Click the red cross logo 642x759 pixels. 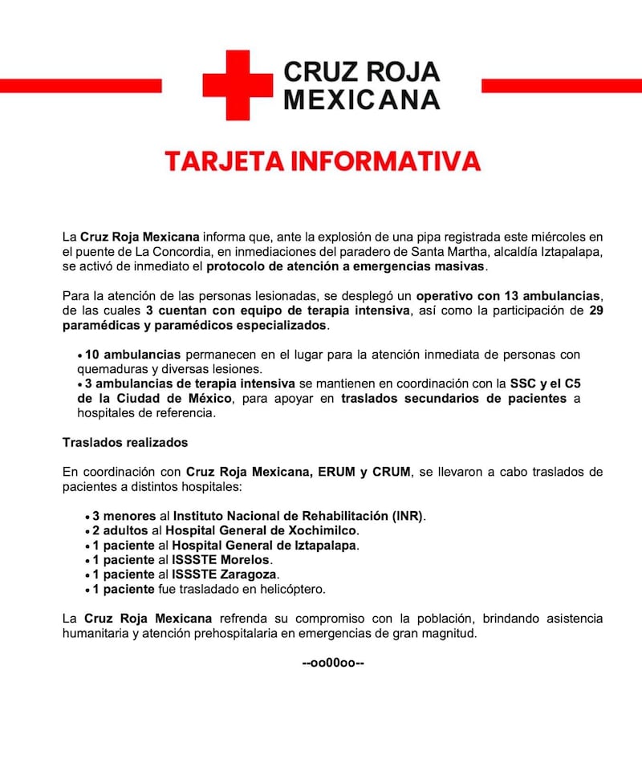coord(238,85)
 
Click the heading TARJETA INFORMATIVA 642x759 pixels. coord(322,160)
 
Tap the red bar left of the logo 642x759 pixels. coord(80,85)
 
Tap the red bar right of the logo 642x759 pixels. coord(561,85)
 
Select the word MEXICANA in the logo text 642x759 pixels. coord(363,99)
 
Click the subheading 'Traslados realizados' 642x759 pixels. coord(124,442)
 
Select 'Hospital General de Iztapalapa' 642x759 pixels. coord(260,546)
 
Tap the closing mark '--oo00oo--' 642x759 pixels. coord(332,664)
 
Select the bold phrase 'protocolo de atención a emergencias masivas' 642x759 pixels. coord(346,266)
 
